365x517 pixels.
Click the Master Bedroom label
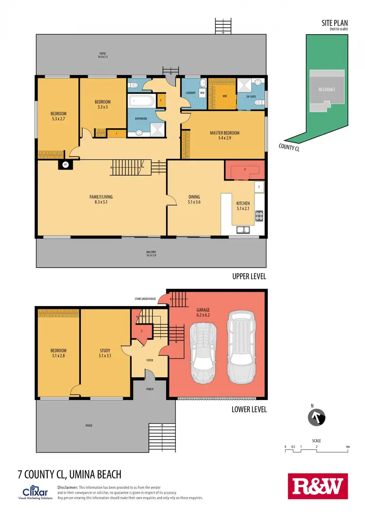point(224,135)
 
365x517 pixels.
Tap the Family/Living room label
point(101,199)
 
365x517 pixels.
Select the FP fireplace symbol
point(64,165)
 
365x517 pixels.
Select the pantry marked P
point(245,171)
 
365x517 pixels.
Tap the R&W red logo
point(318,486)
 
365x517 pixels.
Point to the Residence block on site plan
point(327,90)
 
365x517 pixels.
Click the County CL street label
point(289,147)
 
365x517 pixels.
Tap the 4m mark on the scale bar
point(347,446)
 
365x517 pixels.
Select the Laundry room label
point(190,92)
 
